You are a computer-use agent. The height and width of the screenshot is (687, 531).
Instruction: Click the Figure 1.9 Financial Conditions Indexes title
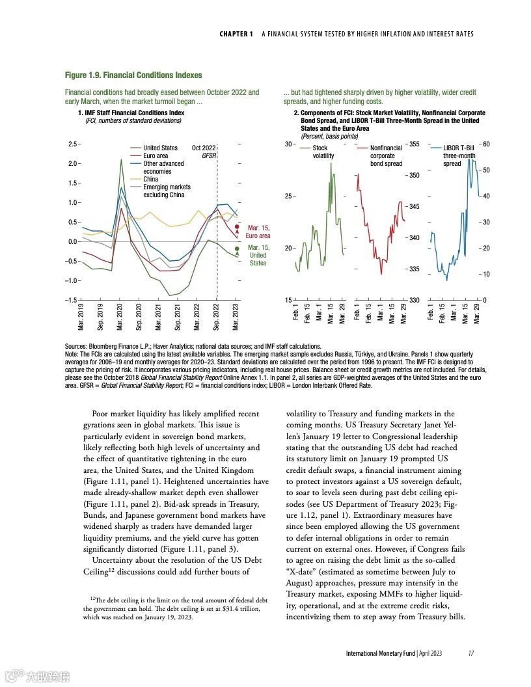[133, 75]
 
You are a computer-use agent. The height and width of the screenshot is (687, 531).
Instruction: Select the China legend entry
[150, 180]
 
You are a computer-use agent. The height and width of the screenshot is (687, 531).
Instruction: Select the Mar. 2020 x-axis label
[120, 315]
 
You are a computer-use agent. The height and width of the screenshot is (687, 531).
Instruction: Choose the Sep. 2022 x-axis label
[217, 315]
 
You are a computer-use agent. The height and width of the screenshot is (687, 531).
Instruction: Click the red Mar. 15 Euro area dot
[237, 227]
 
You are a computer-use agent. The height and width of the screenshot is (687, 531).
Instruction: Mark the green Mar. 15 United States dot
[238, 248]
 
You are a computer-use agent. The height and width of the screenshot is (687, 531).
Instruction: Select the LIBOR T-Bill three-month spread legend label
[459, 156]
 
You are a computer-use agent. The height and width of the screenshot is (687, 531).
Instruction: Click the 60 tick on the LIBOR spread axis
[485, 144]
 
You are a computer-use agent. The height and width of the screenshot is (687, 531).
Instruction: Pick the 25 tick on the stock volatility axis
[289, 196]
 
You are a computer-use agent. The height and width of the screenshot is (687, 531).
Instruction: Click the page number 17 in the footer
[470, 653]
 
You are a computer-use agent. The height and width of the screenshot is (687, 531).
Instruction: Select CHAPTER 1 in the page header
[236, 34]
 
